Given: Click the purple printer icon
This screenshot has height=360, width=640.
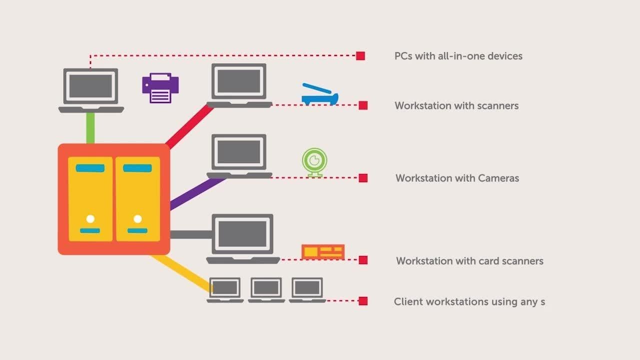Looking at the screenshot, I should point(160,88).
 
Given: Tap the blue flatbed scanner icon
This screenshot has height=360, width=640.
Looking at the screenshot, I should point(319,95).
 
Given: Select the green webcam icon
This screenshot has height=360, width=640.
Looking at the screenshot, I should point(314,161).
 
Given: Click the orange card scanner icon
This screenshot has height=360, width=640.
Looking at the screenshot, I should point(323,251).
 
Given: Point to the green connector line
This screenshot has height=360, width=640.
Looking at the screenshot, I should point(90,128).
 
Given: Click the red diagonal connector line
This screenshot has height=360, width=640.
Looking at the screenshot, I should point(189,126).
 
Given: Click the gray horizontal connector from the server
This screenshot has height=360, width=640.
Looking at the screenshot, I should point(191,234).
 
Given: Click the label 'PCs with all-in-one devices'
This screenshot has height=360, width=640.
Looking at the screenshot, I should point(458,56).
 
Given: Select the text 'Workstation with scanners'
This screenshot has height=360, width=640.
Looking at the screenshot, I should point(456,106).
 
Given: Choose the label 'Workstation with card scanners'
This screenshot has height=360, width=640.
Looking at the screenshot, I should point(469,261).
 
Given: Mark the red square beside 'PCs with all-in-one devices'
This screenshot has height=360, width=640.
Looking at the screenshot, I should point(360,56).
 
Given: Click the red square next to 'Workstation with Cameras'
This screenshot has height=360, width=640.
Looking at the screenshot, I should point(363,178).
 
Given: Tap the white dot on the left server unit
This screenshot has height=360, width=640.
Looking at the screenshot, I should point(90,219).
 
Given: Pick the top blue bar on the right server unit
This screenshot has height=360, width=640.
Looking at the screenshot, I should point(137,168).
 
